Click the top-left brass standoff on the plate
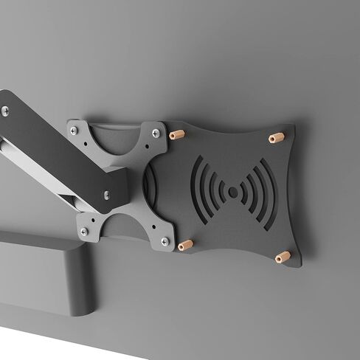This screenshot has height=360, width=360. [x=177, y=135]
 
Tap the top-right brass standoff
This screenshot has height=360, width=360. [x=277, y=138]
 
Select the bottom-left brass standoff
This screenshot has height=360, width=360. [x=186, y=245]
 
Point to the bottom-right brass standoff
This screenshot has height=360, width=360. [x=283, y=257]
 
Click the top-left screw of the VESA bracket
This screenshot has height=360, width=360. [x=74, y=131]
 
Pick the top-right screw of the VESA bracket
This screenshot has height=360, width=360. [x=156, y=133]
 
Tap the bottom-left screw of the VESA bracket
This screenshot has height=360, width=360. [x=83, y=232]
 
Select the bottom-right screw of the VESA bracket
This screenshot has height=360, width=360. [x=165, y=241]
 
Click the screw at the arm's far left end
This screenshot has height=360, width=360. [x=5, y=111]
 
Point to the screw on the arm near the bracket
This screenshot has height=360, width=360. [x=106, y=195]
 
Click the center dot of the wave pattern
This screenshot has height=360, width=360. [x=233, y=193]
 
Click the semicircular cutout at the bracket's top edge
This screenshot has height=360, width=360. [x=116, y=139]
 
